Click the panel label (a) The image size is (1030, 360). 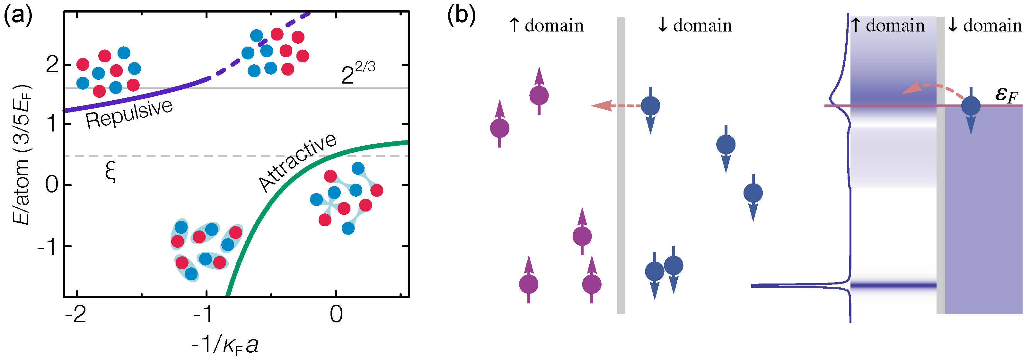pyautogui.click(x=18, y=17)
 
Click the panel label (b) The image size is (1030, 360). pyautogui.click(x=461, y=17)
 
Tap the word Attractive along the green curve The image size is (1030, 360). pyautogui.click(x=298, y=162)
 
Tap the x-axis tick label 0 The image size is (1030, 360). pyautogui.click(x=336, y=314)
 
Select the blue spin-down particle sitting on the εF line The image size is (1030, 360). pyautogui.click(x=971, y=106)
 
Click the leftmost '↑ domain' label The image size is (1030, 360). pyautogui.click(x=547, y=26)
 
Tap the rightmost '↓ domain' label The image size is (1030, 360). pyautogui.click(x=985, y=26)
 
